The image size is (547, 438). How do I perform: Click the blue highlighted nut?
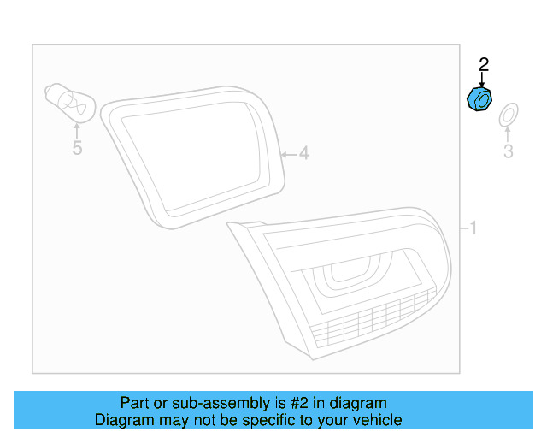(479, 98)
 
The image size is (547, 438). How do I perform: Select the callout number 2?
(483, 64)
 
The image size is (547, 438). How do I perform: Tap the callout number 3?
(508, 152)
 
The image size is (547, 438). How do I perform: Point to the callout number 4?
(303, 154)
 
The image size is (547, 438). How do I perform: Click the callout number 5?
(77, 149)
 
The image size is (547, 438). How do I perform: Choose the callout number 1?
(473, 228)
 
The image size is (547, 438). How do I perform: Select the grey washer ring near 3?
(508, 114)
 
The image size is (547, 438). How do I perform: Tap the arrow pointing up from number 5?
(77, 131)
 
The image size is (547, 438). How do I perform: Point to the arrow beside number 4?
(288, 154)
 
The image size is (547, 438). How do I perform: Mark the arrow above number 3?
(508, 134)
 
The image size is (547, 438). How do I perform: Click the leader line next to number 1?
(463, 228)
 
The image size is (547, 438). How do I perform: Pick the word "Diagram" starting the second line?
(121, 420)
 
